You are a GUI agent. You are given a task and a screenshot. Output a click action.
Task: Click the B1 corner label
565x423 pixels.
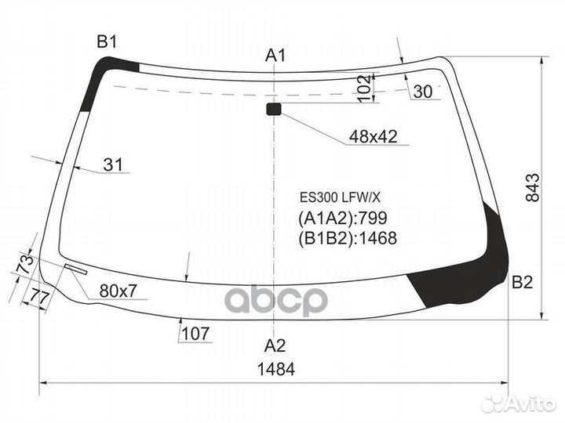coord(107,42)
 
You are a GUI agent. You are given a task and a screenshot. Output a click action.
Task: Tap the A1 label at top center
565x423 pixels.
coord(275,55)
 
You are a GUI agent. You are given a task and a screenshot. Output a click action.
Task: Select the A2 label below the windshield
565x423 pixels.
coord(275,345)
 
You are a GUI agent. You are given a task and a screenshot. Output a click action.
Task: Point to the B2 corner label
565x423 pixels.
coord(522,284)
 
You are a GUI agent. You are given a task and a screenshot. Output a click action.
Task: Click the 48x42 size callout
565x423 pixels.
coord(373,137)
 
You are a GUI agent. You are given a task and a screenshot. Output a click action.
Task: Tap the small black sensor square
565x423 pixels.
coord(273,109)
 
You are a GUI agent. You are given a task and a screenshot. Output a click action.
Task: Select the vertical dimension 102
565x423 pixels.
coord(363,87)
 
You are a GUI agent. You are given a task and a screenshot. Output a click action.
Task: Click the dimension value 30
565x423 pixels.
coord(422,92)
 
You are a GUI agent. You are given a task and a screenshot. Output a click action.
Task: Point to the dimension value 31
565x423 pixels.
coord(114,165)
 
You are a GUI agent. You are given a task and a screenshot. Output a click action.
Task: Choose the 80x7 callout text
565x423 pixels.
coord(118,291)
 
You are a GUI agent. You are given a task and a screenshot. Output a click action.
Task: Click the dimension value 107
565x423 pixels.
coord(196,334)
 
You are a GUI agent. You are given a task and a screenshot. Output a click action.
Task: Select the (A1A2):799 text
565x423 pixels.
coord(343,219)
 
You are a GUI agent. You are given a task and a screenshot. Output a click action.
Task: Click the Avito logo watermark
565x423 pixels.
coord(519,403)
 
